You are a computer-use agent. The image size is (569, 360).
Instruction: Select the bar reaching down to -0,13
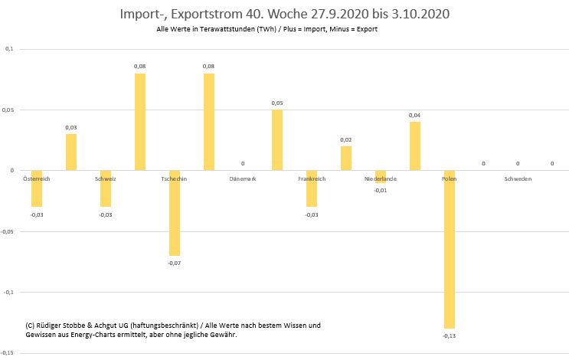[x=450, y=249]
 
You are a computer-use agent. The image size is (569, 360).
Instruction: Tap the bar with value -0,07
[x=175, y=212]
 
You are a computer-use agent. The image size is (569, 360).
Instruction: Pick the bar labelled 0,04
[x=415, y=146]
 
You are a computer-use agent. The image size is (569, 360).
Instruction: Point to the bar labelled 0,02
[x=346, y=158]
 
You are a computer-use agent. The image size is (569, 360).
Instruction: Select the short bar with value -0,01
[x=381, y=176]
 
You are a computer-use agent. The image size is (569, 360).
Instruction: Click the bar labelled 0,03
[x=71, y=152]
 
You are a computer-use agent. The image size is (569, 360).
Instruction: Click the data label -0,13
[x=450, y=335]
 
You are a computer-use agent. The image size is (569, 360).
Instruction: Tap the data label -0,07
[x=175, y=263]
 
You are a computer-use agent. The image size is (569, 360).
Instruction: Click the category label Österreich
[x=37, y=179]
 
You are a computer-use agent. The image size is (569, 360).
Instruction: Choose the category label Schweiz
[x=106, y=179]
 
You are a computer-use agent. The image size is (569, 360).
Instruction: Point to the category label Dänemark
[x=243, y=179]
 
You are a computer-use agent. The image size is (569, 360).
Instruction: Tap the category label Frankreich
[x=312, y=179]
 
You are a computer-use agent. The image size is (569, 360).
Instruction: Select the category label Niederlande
[x=381, y=179]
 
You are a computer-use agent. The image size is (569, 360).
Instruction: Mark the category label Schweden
[x=518, y=179]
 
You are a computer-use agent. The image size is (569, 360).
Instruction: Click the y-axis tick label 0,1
[x=9, y=49]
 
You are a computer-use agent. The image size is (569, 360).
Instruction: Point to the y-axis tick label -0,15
[x=8, y=352]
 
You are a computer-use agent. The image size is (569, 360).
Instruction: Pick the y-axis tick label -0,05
[x=8, y=231]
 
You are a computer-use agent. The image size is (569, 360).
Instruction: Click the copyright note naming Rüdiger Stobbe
[x=173, y=330]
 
